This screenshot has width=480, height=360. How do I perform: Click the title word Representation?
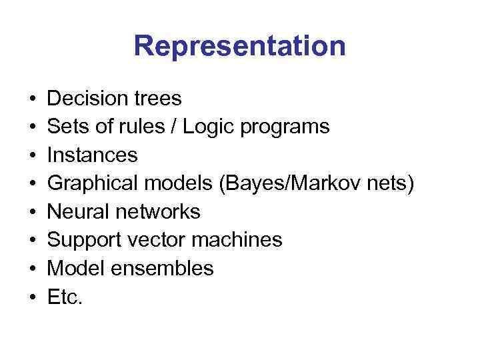pos(239,47)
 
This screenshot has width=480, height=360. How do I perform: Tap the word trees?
pos(157,99)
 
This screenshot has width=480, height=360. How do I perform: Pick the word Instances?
pos(93,155)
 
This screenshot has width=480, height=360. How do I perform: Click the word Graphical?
pos(94,184)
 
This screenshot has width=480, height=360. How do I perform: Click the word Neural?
pos(79,212)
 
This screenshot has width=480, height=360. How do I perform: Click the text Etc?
pos(65,297)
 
